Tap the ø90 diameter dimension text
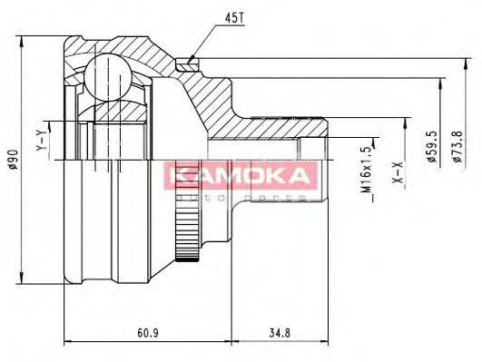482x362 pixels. [13, 162]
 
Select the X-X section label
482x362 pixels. [397, 173]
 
